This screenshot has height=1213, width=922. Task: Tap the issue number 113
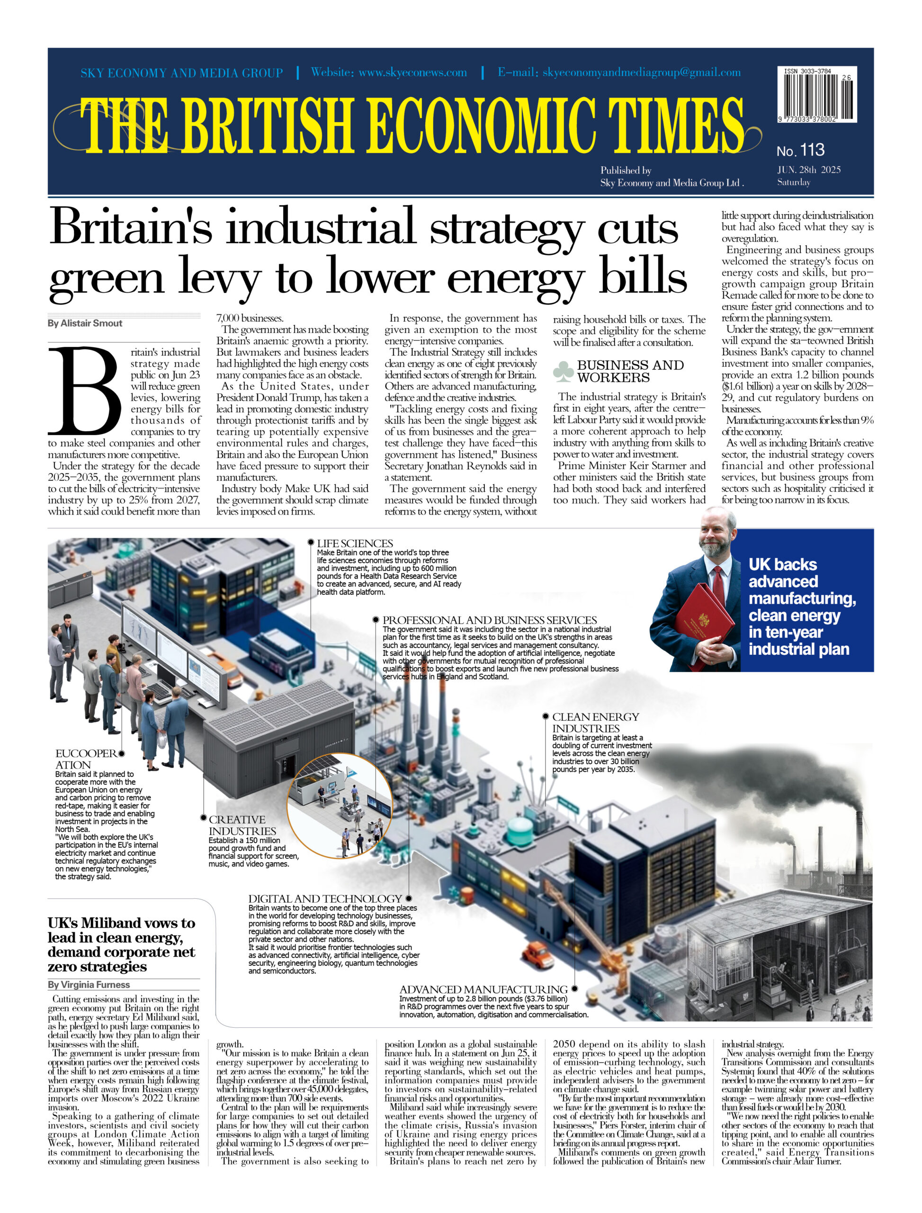(812, 149)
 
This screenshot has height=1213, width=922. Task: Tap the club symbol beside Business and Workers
(563, 371)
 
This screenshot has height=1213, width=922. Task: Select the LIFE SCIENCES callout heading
(355, 543)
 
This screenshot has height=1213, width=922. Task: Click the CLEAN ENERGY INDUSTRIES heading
(595, 723)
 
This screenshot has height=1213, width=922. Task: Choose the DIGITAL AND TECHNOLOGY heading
(325, 898)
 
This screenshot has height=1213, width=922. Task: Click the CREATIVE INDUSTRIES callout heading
(242, 825)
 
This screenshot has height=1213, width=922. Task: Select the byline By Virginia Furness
(89, 985)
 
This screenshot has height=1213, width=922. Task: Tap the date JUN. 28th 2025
(808, 170)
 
